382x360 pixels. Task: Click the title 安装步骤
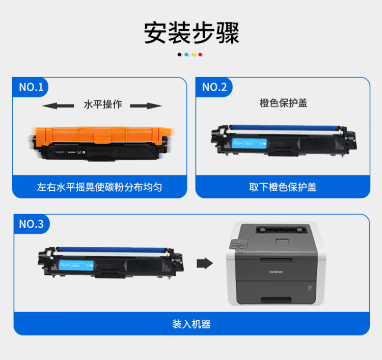pyautogui.click(x=191, y=33)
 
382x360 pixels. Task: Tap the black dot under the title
pyautogui.click(x=180, y=54)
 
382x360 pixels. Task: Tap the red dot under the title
pyautogui.click(x=201, y=54)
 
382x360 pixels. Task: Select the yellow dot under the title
pyautogui.click(x=194, y=54)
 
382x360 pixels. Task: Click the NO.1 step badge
pyautogui.click(x=31, y=87)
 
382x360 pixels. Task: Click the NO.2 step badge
pyautogui.click(x=214, y=87)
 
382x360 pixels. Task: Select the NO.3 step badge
pyautogui.click(x=31, y=224)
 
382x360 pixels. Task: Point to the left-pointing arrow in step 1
pyautogui.click(x=57, y=106)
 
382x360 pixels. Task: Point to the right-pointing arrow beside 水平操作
pyautogui.click(x=146, y=106)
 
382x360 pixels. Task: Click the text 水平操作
pyautogui.click(x=102, y=105)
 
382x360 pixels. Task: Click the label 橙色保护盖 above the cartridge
pyautogui.click(x=283, y=104)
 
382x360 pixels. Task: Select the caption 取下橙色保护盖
pyautogui.click(x=283, y=187)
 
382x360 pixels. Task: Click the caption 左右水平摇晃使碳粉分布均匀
pyautogui.click(x=99, y=187)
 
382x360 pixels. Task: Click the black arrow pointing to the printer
pyautogui.click(x=204, y=263)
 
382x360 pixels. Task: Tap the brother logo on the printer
pyautogui.click(x=276, y=272)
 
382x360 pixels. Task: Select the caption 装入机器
pyautogui.click(x=191, y=324)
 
